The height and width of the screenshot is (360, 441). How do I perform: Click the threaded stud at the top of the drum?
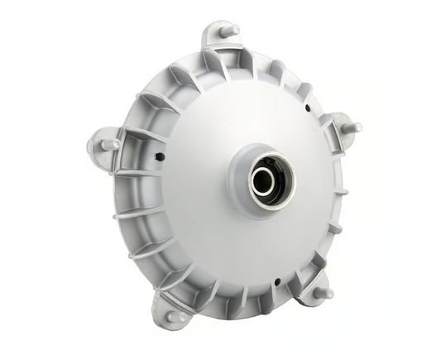[x=230, y=31]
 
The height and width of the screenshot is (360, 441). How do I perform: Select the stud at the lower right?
[x=324, y=292]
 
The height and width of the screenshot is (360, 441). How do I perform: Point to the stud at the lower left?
[x=175, y=314]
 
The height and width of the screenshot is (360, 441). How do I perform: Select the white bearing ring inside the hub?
[x=252, y=184]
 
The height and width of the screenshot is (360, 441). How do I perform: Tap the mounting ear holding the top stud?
[x=217, y=41]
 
